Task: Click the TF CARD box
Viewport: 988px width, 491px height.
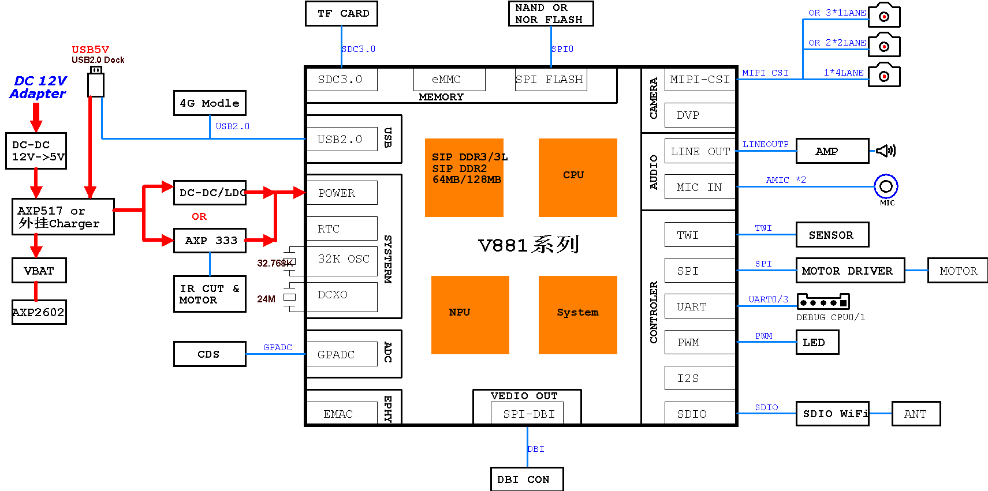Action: click(341, 13)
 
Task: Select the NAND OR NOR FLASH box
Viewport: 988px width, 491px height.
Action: click(550, 13)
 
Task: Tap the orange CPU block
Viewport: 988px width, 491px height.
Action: click(577, 177)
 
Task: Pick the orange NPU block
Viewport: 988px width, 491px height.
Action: click(470, 314)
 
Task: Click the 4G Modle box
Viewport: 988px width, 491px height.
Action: click(210, 103)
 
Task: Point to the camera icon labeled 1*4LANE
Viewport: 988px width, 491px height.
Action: click(884, 76)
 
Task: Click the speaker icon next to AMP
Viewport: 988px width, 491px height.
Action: click(885, 151)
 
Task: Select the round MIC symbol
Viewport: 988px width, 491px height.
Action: click(886, 186)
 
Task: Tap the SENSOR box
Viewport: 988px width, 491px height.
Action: click(832, 235)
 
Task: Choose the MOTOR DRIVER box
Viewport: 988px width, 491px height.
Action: click(849, 271)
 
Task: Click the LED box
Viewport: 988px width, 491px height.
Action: click(817, 342)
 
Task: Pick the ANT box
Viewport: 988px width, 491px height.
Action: click(916, 414)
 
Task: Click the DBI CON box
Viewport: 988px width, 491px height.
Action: click(527, 479)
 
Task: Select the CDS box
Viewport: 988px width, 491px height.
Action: click(210, 354)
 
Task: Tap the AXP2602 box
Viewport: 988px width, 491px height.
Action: click(39, 312)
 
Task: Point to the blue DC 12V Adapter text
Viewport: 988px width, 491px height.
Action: click(39, 87)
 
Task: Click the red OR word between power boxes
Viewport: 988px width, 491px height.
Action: click(199, 216)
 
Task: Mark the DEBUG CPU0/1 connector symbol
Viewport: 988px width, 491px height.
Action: click(823, 302)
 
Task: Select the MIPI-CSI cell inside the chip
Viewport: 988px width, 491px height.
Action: click(700, 80)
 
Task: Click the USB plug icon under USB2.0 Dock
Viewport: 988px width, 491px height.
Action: click(96, 82)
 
